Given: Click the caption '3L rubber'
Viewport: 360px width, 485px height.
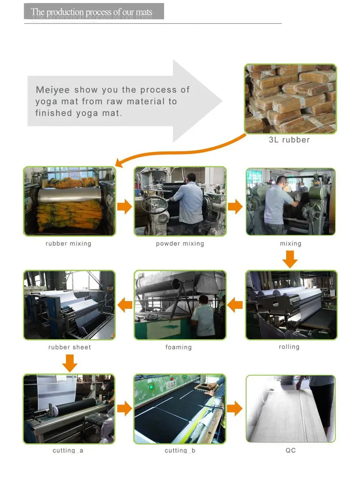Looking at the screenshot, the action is click(289, 140).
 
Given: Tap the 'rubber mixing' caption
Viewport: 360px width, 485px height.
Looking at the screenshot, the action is click(68, 243).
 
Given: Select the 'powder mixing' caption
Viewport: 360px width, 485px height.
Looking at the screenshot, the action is click(180, 243).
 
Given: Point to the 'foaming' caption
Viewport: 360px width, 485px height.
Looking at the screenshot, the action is click(178, 347).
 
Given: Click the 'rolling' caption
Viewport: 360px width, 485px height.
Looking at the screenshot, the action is click(289, 346).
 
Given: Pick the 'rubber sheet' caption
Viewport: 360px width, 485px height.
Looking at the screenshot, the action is click(70, 347).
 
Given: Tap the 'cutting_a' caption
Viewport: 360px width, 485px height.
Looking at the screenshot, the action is click(68, 451).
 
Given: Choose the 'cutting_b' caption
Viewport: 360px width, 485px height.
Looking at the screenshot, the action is click(180, 451).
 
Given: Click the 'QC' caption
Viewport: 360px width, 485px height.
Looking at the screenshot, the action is click(290, 450).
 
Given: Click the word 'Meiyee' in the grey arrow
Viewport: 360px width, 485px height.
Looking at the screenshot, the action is click(53, 90).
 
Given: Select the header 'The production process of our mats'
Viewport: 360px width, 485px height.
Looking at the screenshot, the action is click(91, 12).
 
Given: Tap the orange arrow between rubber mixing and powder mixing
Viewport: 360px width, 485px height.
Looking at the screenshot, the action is click(125, 206).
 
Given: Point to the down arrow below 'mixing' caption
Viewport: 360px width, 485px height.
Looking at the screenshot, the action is click(290, 259).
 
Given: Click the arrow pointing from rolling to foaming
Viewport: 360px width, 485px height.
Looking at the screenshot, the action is click(235, 305).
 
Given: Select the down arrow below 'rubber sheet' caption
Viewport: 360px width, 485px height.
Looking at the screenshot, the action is click(70, 363).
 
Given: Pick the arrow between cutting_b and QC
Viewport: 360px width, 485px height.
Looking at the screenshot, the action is click(235, 408).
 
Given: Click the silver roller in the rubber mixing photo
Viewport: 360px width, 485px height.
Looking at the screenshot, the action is click(70, 194).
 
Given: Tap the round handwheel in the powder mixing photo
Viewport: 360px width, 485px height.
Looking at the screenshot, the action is click(154, 205).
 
